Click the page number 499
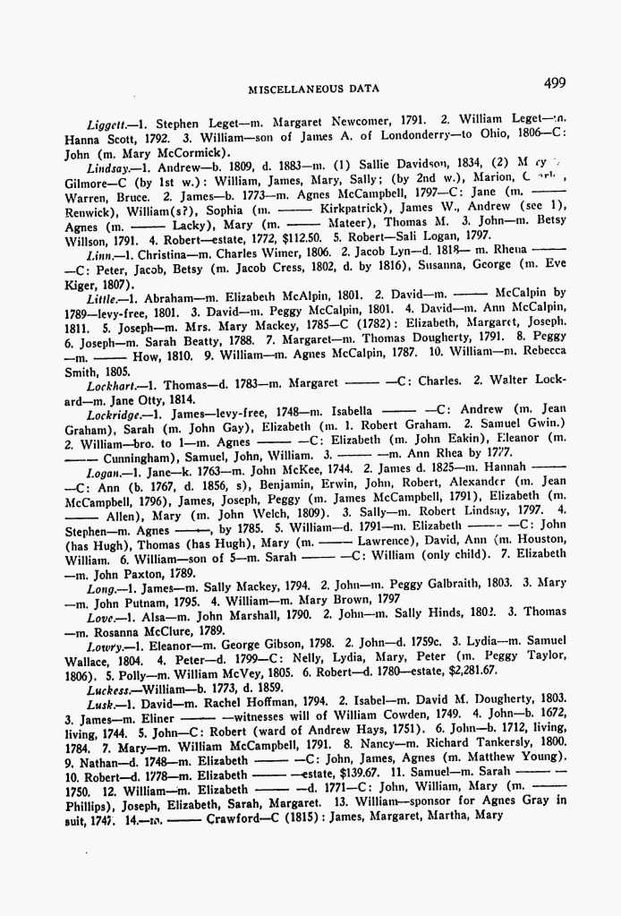[554, 83]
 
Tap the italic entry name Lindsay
[108, 167]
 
